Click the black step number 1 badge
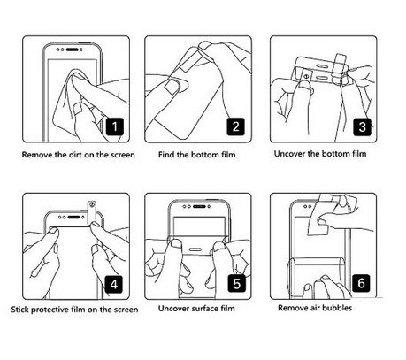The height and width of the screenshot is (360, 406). tap(115, 126)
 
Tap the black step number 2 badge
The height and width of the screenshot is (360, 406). tap(235, 126)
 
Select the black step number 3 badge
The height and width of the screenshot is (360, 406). tap(362, 127)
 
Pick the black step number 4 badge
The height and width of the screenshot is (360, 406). tap(114, 284)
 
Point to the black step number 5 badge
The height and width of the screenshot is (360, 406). tap(236, 283)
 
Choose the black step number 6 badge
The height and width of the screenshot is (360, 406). tap(361, 283)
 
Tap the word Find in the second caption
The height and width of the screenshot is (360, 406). tap(166, 155)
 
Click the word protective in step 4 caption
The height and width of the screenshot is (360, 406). tap(50, 310)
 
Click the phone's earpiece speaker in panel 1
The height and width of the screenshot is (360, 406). tap(73, 50)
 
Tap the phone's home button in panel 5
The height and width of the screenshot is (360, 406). tap(195, 249)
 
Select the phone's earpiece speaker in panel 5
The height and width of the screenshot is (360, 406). tap(199, 206)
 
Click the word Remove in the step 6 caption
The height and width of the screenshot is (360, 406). tap(292, 308)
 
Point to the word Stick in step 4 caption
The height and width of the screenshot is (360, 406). tap(20, 310)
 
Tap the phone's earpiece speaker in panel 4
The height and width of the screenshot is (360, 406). tap(73, 218)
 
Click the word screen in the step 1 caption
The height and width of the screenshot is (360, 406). tap(123, 155)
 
